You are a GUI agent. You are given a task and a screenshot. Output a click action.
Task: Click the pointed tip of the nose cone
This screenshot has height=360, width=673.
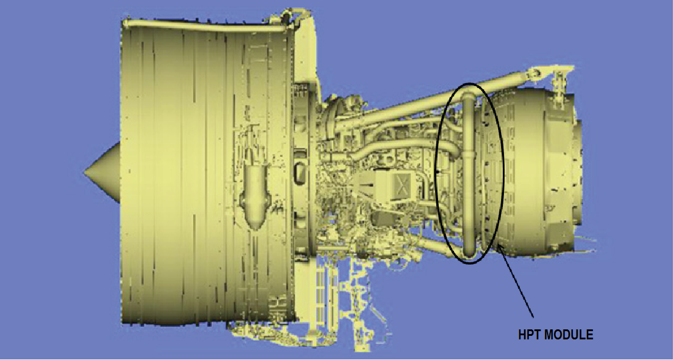click(85, 172)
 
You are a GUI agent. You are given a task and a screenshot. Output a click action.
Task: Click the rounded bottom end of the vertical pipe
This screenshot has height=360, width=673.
click(469, 253)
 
